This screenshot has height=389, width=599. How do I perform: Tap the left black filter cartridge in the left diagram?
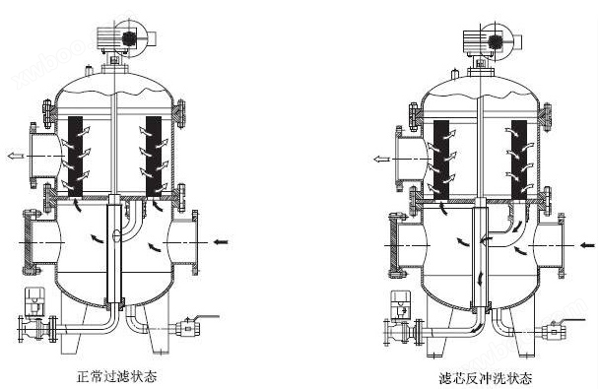click(76, 157)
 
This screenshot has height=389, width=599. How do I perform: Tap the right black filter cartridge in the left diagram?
click(154, 157)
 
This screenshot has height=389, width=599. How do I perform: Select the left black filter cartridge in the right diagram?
click(441, 160)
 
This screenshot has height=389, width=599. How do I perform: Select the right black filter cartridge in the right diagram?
click(519, 160)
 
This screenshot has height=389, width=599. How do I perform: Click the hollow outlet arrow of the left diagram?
click(16, 156)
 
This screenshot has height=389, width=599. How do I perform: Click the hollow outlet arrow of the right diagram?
click(381, 159)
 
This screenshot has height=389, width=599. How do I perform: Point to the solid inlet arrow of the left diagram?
click(221, 241)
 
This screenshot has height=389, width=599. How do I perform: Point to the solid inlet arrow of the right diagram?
click(587, 244)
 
